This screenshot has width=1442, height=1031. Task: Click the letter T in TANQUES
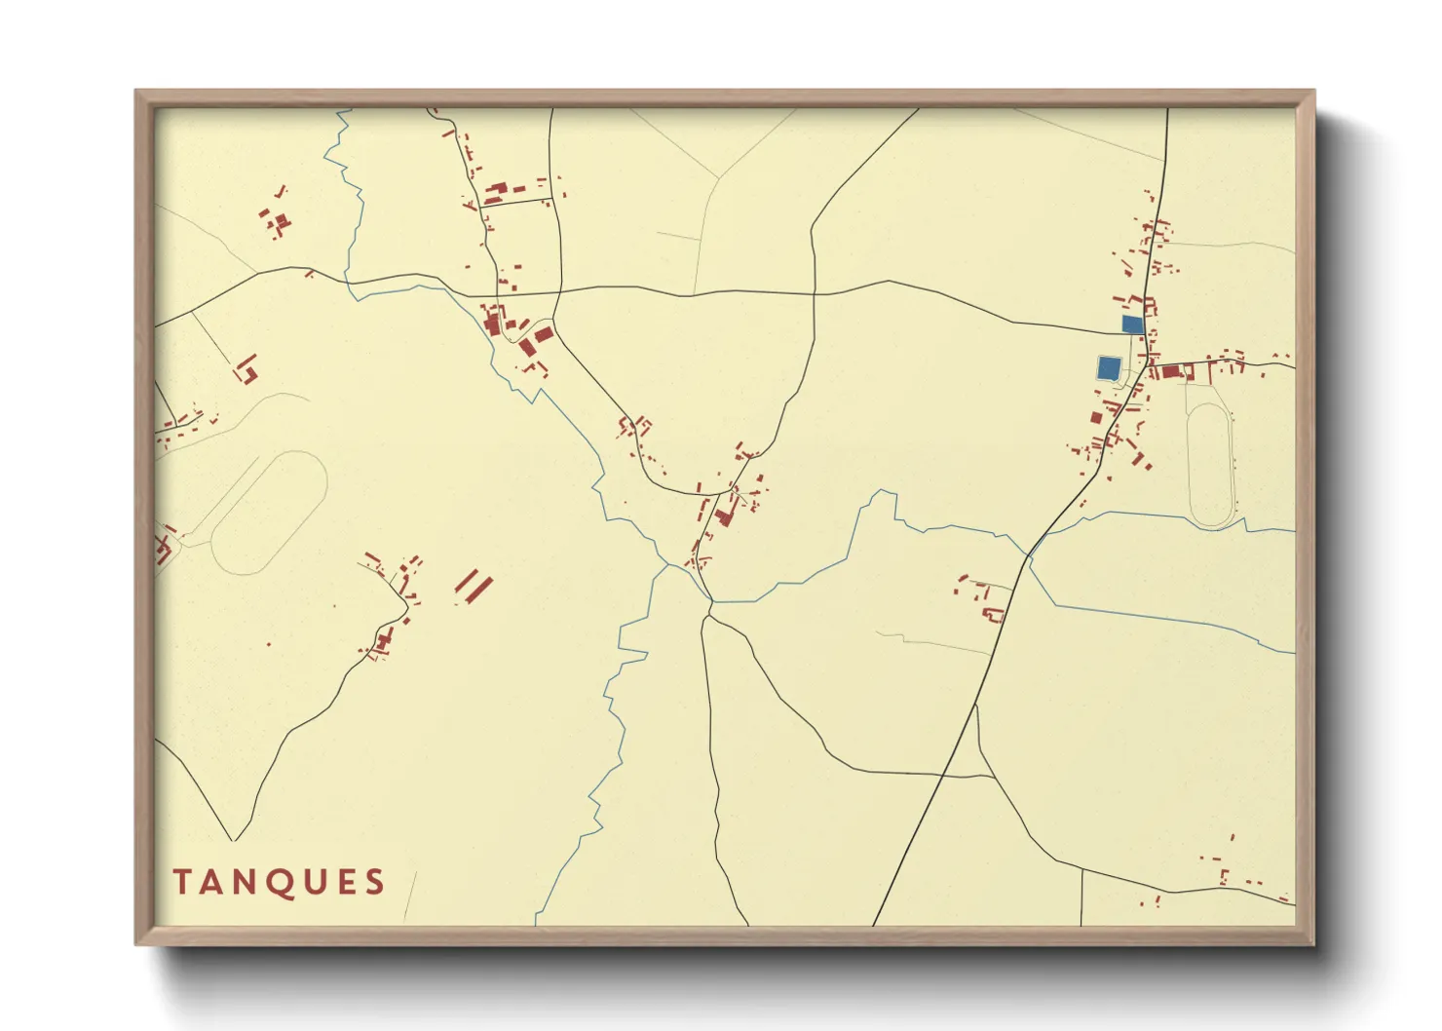pos(180,882)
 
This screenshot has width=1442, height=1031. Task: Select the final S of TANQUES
pos(374,882)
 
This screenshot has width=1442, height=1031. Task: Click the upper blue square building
pos(1132,324)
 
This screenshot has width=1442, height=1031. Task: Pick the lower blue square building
pos(1108,367)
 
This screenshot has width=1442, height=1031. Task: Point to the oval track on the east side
pos(1211,466)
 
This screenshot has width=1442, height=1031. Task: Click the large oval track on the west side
pos(269,512)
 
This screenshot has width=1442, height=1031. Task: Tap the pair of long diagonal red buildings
pos(474,587)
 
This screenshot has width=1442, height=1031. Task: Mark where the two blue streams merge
pos(668,564)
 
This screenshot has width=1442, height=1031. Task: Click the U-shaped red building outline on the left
pos(247,369)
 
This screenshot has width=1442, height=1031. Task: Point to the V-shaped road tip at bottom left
pos(234,838)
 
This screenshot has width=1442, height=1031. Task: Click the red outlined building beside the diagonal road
pos(993,614)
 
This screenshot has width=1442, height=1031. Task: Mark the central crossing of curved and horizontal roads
pos(814,293)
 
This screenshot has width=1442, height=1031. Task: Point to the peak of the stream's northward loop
pos(883,492)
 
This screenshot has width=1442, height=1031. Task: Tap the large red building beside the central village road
pos(724,515)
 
